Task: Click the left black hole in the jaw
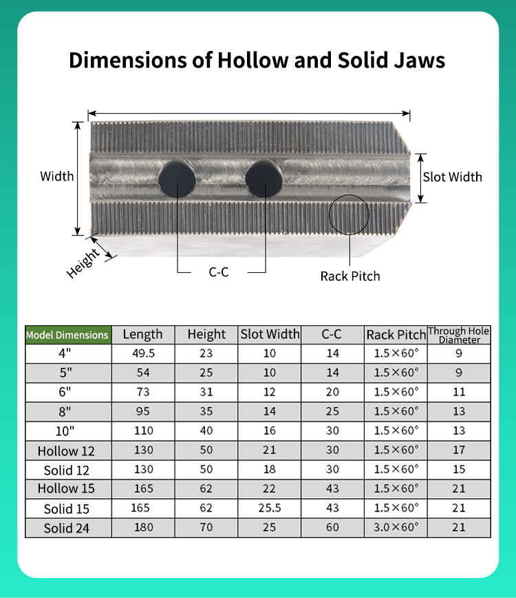[177, 179]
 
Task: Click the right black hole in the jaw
[264, 179]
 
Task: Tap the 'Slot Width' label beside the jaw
[453, 177]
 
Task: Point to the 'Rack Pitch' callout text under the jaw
[350, 276]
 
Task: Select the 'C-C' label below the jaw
[219, 272]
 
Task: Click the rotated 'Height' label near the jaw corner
[83, 264]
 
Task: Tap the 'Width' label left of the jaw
[56, 176]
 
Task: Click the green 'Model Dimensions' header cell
[68, 336]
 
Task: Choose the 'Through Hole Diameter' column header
[459, 336]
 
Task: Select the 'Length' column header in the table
[143, 334]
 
